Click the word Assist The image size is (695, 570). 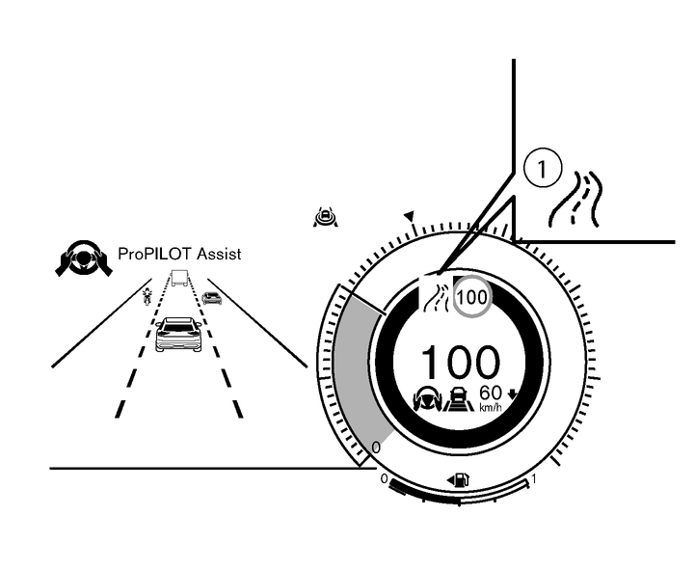point(217,255)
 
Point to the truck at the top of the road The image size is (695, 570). point(180,279)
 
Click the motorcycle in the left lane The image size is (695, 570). point(147,295)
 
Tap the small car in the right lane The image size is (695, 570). point(212,298)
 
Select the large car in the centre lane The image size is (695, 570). point(178,334)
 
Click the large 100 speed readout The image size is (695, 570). point(461,362)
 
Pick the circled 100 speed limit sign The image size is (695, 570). point(472,297)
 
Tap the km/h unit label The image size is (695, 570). point(492,408)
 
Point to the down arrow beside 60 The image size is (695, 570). point(512,394)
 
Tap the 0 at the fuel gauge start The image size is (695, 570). point(384,479)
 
